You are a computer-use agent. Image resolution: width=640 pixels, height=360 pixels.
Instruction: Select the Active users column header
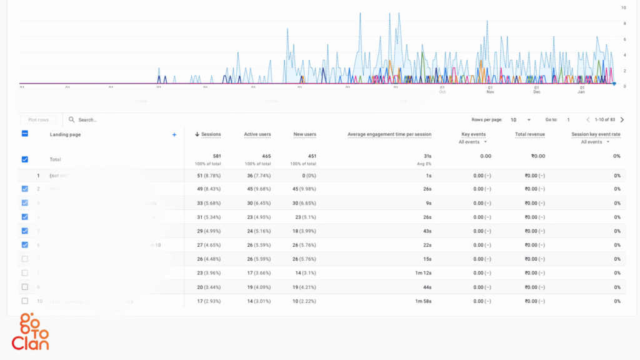257,134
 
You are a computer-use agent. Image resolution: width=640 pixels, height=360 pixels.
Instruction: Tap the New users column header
304,134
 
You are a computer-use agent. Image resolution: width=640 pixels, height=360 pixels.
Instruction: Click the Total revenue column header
529,134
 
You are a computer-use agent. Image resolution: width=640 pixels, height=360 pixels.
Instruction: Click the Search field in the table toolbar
125,119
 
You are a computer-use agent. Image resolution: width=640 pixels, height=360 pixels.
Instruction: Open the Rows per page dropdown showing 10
521,119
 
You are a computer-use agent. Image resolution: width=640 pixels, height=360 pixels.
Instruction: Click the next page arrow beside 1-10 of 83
622,119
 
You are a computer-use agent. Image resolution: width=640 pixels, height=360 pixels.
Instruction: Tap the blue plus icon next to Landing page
174,134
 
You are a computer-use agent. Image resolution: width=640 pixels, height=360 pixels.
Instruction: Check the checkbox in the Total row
25,159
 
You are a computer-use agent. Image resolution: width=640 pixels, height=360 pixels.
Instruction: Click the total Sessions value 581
216,156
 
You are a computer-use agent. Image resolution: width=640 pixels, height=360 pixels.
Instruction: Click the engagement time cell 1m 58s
422,301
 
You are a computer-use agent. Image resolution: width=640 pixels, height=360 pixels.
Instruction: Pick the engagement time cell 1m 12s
422,273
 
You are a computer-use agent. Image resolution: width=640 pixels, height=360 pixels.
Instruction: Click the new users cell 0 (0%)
304,176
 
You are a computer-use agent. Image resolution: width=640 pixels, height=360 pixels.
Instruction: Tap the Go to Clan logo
30,332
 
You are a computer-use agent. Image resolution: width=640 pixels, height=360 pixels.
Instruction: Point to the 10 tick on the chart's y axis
623,8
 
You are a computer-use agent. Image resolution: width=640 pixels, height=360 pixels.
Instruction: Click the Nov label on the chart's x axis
490,92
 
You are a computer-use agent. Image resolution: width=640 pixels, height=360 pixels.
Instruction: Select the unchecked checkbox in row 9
25,287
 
